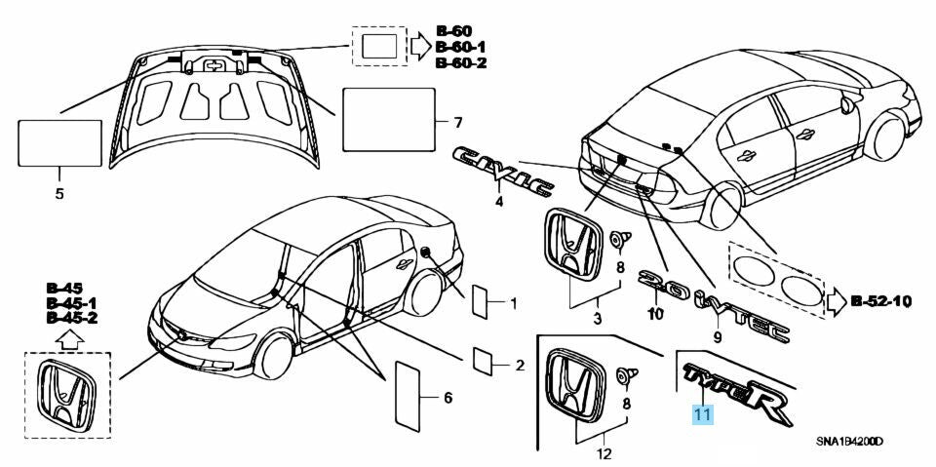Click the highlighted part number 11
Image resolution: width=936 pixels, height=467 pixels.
[x=703, y=414]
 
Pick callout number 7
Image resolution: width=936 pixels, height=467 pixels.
[x=456, y=122]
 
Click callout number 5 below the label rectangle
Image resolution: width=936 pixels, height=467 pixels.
[x=58, y=194]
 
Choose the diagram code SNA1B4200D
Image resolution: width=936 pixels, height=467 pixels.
[x=849, y=442]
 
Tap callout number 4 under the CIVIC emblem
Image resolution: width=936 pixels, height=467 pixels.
[x=498, y=202]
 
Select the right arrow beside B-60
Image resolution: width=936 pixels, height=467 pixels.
[x=418, y=45]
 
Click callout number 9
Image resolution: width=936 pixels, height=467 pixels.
[x=717, y=337]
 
